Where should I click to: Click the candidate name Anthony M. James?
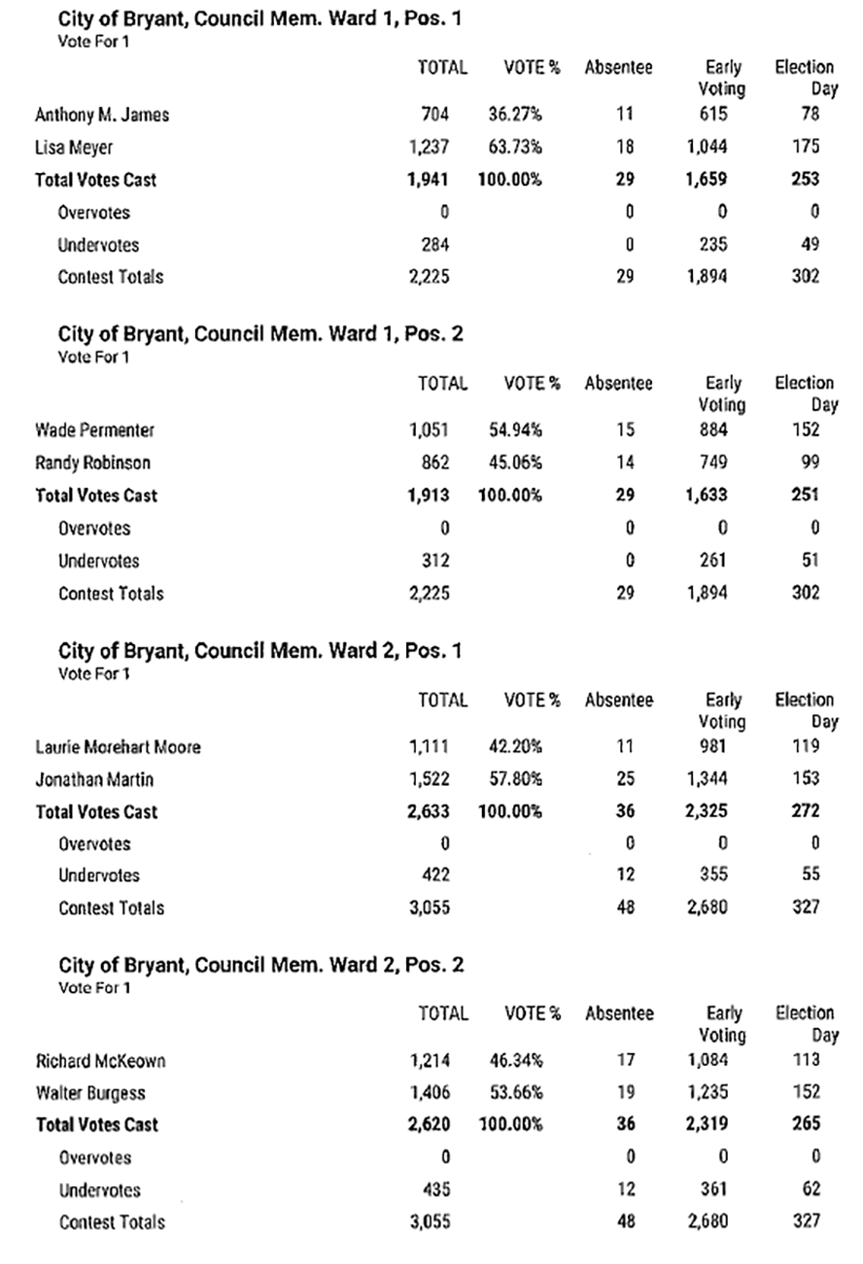(x=102, y=115)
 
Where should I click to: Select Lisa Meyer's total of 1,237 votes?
(x=429, y=147)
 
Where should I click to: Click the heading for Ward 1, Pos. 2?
(x=260, y=334)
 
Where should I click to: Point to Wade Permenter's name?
(x=94, y=430)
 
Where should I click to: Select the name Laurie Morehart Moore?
(x=119, y=747)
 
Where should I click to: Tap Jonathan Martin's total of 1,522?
(x=429, y=779)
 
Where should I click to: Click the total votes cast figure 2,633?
(x=429, y=811)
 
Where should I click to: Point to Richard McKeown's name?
(x=100, y=1061)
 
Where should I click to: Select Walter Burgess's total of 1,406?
(x=429, y=1093)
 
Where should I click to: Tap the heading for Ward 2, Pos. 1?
(x=260, y=651)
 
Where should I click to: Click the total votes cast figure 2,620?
(x=429, y=1125)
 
